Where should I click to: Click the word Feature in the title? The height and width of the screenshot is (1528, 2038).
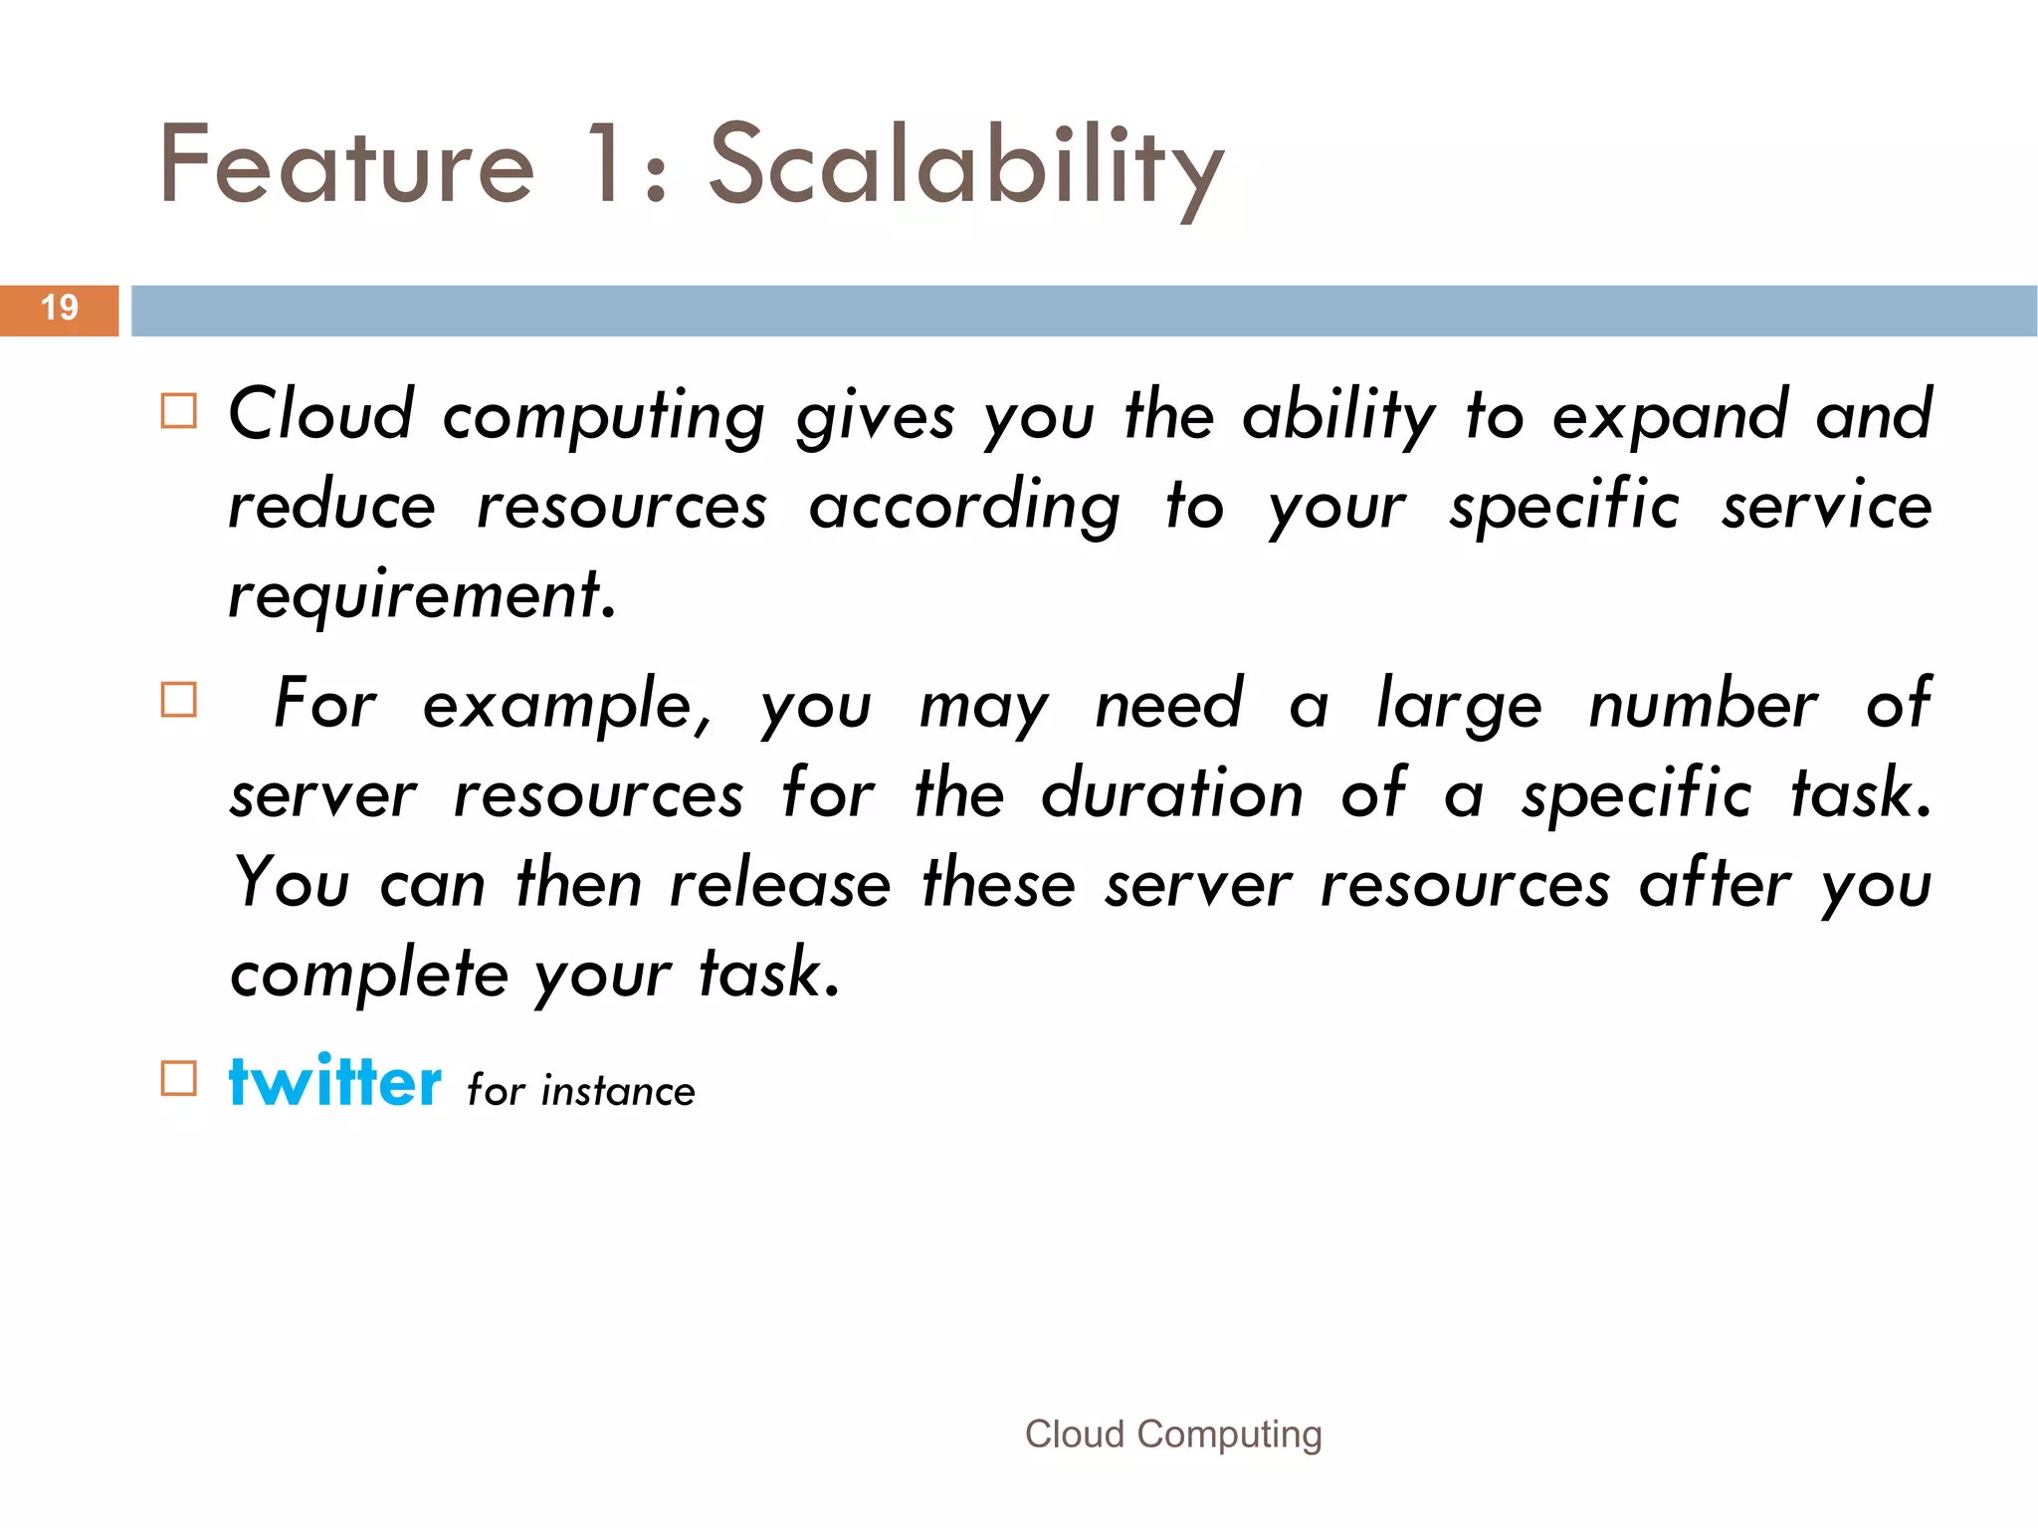pyautogui.click(x=346, y=165)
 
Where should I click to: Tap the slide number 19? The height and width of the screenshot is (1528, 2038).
pyautogui.click(x=60, y=308)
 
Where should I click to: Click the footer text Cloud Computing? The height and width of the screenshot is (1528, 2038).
pyautogui.click(x=1173, y=1434)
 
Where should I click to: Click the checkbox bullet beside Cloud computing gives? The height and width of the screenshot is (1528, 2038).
pyautogui.click(x=179, y=410)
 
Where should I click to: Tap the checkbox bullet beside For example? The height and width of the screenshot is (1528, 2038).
pyautogui.click(x=179, y=700)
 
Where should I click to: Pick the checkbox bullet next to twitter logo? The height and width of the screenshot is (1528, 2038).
pyautogui.click(x=179, y=1078)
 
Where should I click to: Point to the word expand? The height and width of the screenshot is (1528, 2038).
pyautogui.click(x=1670, y=416)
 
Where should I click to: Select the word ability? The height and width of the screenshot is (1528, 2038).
pyautogui.click(x=1338, y=416)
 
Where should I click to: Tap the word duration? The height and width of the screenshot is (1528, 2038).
pyautogui.click(x=1171, y=794)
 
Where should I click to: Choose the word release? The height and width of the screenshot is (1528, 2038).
pyautogui.click(x=780, y=884)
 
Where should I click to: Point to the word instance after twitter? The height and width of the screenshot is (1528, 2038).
pyautogui.click(x=618, y=1092)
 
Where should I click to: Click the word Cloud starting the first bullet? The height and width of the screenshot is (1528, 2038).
pyautogui.click(x=320, y=414)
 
